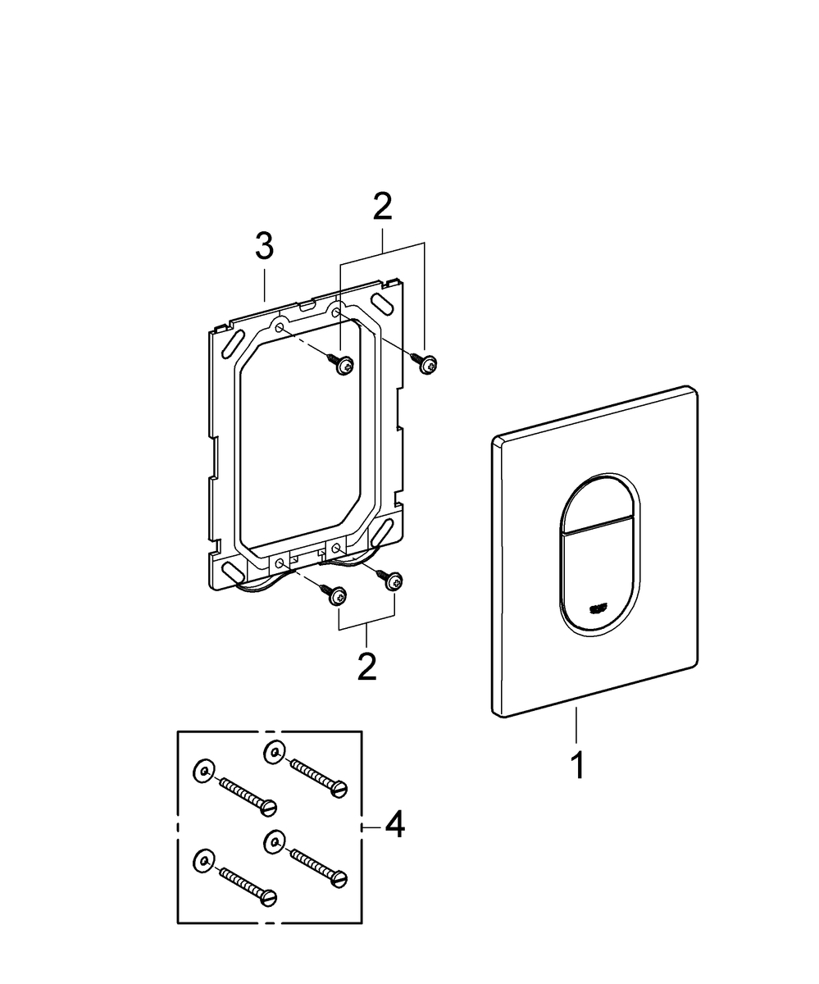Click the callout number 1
click(578, 765)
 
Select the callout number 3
click(263, 246)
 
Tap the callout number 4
click(394, 825)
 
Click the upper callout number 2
click(382, 207)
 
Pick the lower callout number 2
click(366, 666)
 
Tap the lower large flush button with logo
click(601, 582)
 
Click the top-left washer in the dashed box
click(202, 770)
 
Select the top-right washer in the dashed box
click(275, 750)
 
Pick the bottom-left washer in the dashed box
click(202, 859)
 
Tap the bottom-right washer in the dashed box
click(275, 840)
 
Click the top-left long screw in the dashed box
click(247, 796)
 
